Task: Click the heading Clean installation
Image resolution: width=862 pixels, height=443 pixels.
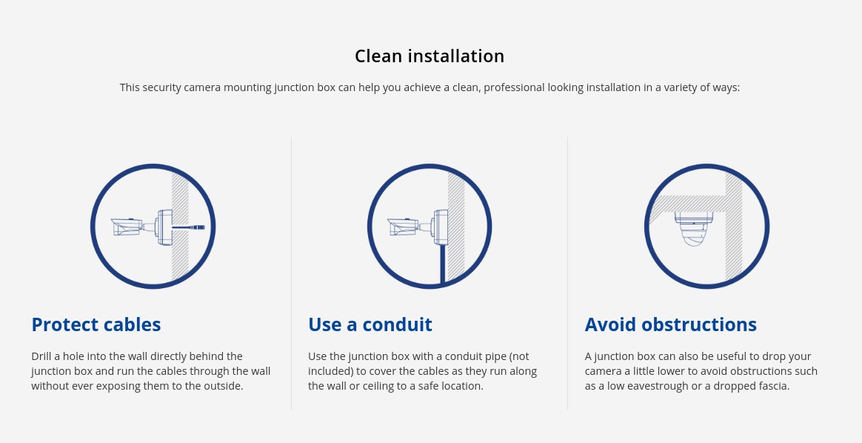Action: point(430,56)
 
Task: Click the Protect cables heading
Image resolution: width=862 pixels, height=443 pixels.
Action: point(96,324)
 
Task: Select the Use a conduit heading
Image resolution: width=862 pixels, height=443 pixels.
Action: point(370,324)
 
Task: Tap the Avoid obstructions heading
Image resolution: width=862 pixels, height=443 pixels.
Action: point(671,324)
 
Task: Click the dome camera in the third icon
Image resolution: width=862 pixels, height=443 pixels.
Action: point(694,228)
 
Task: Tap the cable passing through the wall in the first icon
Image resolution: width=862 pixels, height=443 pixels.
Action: point(188,227)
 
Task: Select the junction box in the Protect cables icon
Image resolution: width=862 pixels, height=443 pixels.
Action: point(164,227)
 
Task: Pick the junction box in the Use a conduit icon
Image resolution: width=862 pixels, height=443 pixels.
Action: point(440,227)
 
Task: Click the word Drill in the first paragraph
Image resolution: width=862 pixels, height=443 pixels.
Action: point(41,356)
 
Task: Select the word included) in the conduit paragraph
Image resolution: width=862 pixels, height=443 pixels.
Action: point(330,371)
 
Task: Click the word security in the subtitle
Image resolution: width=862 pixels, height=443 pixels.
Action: point(161,87)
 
